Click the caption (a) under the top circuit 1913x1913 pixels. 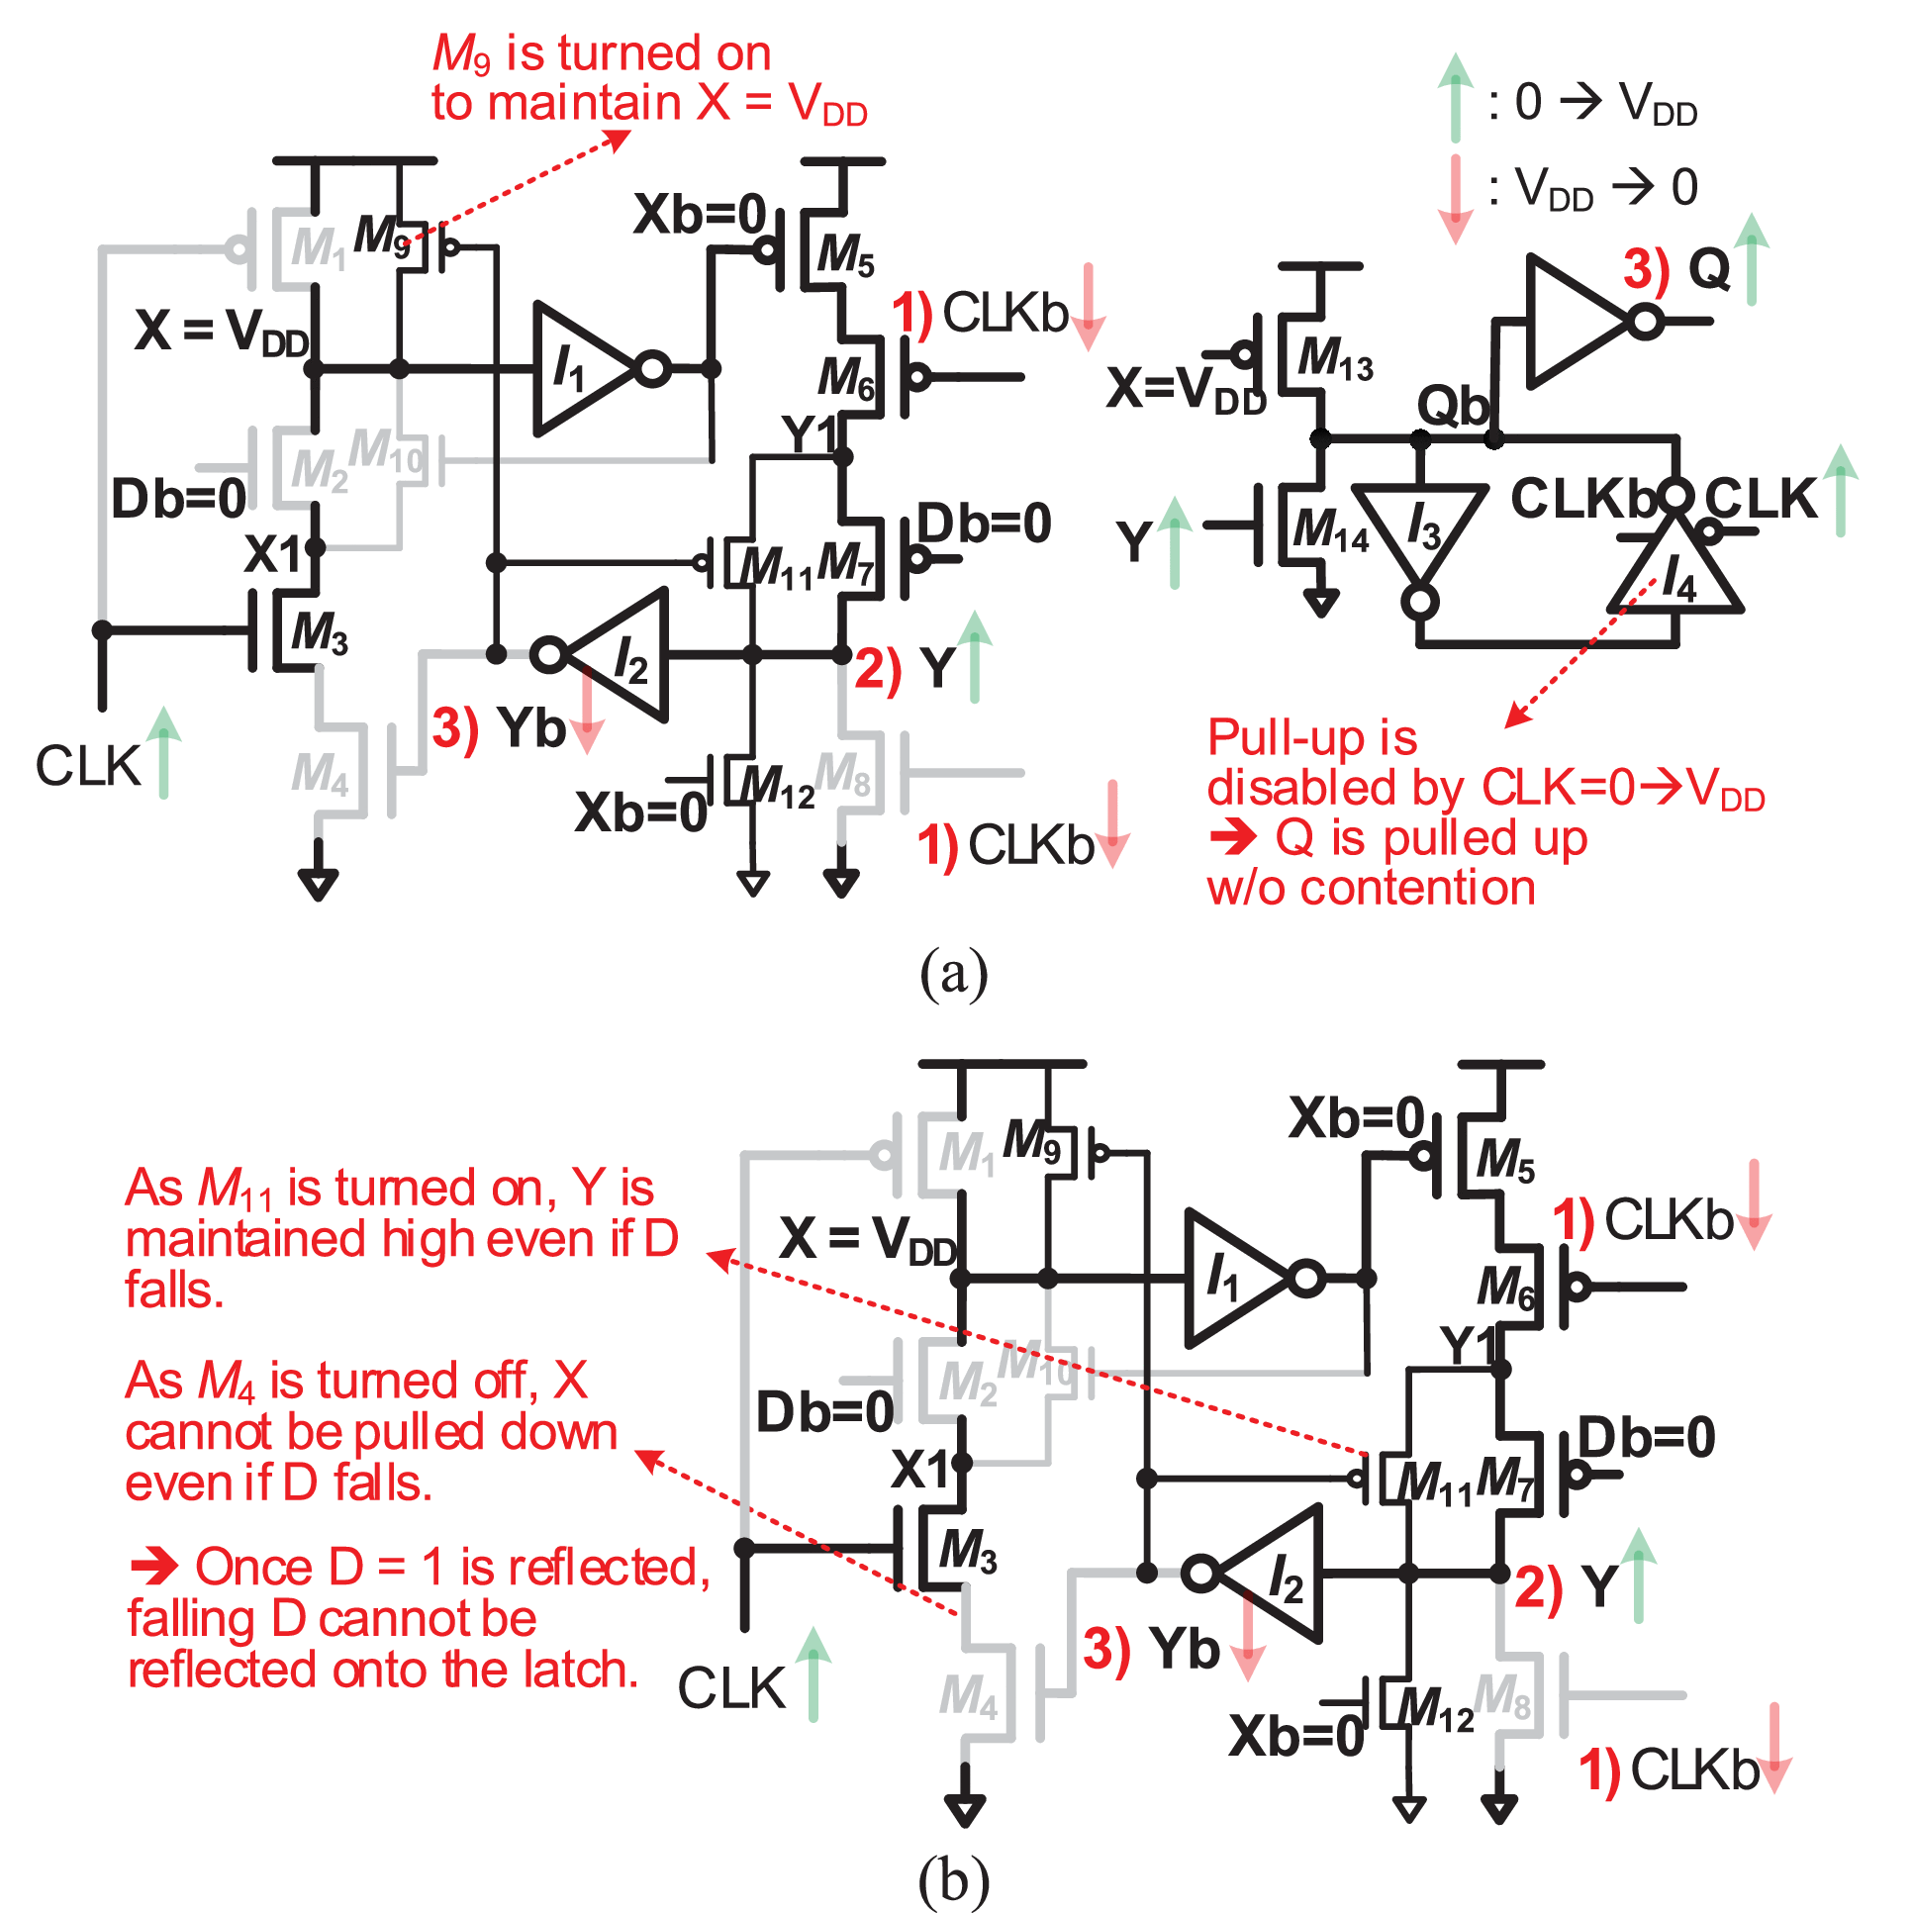(x=952, y=974)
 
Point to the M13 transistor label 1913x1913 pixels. (x=1334, y=358)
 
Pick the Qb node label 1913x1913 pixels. (x=1452, y=406)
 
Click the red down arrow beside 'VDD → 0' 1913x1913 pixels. (x=1455, y=198)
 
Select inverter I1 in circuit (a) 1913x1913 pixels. (x=584, y=369)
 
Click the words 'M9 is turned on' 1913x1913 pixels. (x=601, y=54)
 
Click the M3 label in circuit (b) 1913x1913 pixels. (x=967, y=1551)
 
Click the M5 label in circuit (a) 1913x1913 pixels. (x=844, y=254)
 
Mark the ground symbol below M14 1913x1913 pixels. (x=1321, y=601)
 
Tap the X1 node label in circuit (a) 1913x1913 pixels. (x=273, y=554)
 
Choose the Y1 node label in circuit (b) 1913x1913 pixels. (x=1470, y=1346)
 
